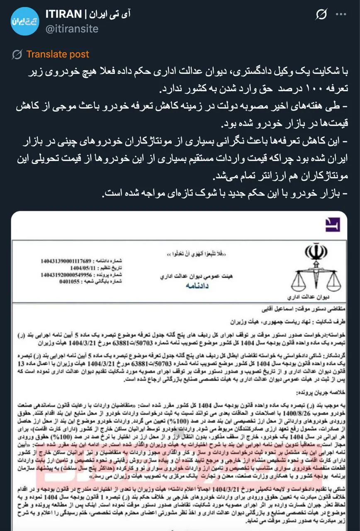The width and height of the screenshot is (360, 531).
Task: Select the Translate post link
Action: [58, 54]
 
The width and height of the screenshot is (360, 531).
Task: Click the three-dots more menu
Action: [341, 14]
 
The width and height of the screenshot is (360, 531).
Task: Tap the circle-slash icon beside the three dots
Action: [321, 15]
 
